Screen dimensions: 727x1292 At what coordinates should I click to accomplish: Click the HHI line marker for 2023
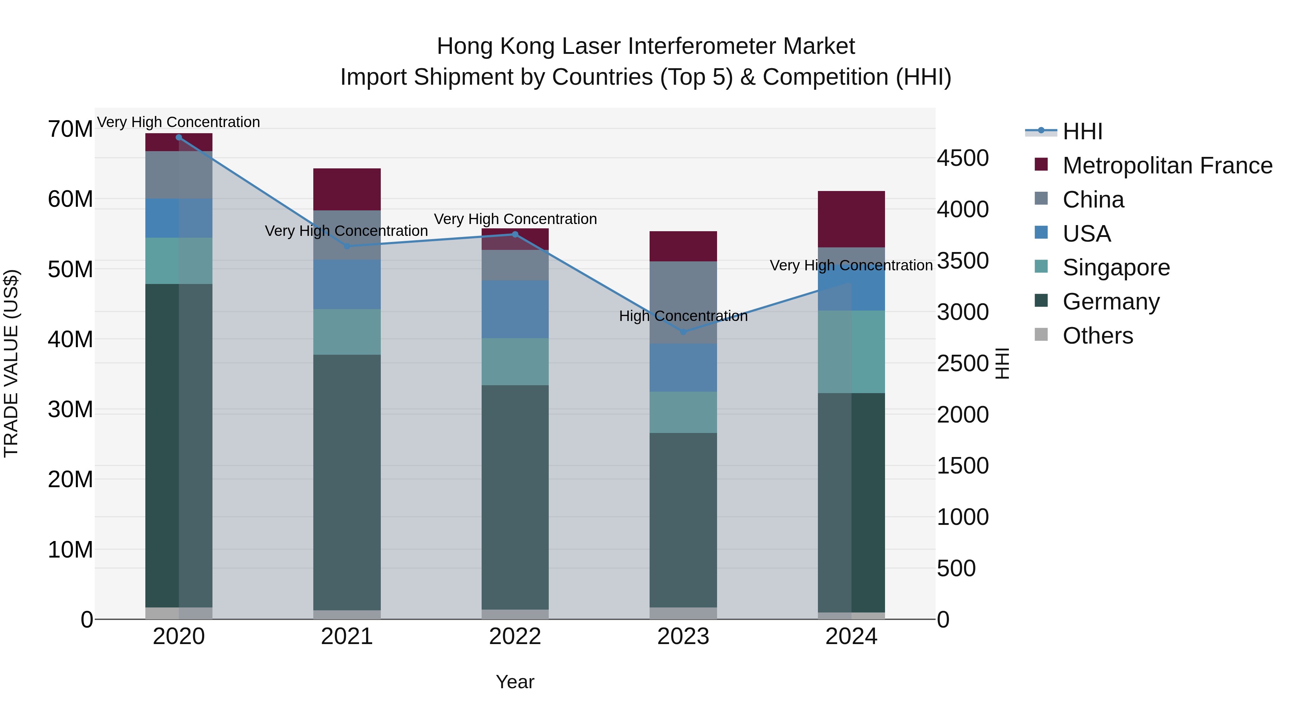tap(683, 332)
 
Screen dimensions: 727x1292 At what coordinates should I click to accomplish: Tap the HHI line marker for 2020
tap(179, 138)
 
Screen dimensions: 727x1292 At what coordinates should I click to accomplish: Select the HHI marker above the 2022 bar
tap(515, 234)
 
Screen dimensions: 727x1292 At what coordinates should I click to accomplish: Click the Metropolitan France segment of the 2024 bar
tap(851, 219)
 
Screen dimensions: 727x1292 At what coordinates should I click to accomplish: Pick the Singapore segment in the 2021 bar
tap(347, 332)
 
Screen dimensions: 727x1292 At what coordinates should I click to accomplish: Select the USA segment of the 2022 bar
tap(515, 309)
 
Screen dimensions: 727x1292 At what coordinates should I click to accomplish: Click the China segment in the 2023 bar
tap(683, 303)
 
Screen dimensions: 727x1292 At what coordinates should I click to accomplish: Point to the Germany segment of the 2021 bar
tap(347, 482)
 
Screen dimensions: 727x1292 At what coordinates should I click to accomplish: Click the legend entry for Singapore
tap(1115, 267)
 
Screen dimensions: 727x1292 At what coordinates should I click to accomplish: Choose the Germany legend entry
tap(1110, 302)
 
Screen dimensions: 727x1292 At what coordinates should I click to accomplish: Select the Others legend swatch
tap(1041, 335)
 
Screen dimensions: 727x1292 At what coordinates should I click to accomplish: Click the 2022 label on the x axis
tap(515, 637)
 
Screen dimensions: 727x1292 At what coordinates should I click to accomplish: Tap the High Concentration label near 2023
tap(683, 316)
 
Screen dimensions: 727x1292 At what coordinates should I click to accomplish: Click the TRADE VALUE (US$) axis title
tap(11, 363)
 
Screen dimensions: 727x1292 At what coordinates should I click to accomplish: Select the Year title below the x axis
tap(515, 682)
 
